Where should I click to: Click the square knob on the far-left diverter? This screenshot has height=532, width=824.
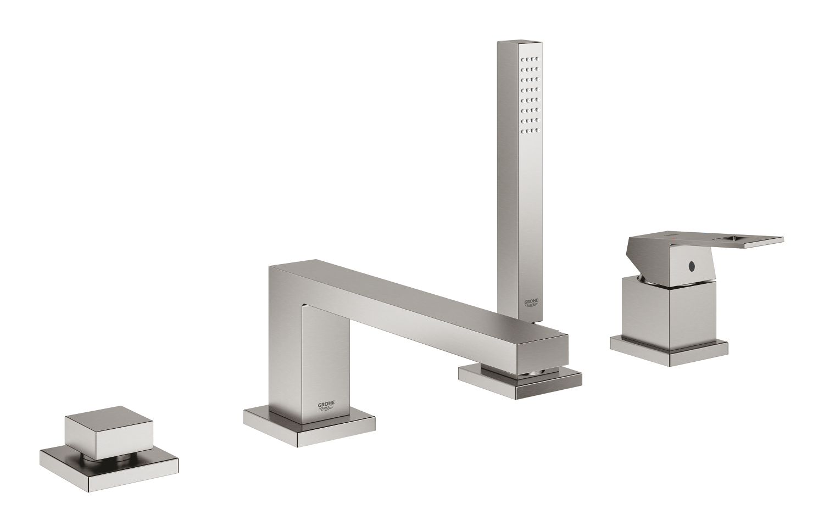96,428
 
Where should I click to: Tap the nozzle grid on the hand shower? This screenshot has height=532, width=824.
531,93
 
